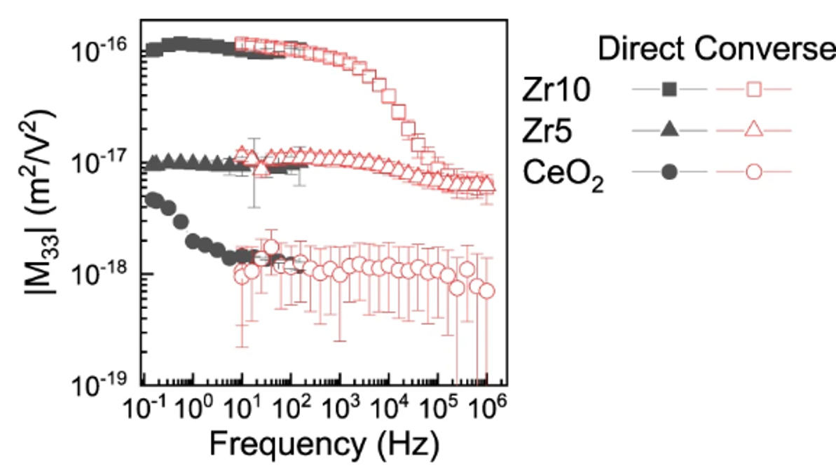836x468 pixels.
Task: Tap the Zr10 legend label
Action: [x=551, y=90]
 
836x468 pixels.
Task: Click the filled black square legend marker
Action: [x=670, y=89]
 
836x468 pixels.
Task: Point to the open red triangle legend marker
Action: [x=754, y=130]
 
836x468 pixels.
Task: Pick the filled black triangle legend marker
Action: [x=670, y=130]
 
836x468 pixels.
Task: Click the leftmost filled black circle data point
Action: [x=150, y=199]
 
